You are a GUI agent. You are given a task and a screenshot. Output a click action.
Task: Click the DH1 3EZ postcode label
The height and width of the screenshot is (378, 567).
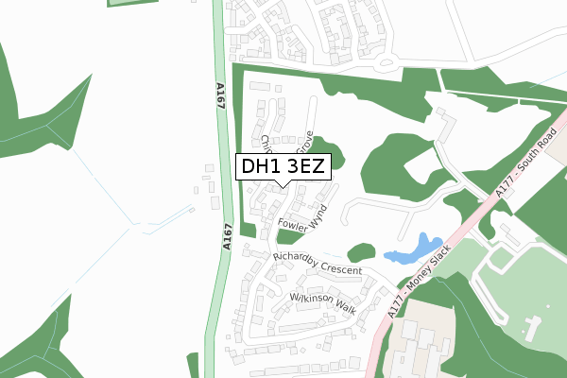tap(283, 167)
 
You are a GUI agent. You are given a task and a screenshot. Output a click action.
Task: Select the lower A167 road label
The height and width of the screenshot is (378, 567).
tap(227, 236)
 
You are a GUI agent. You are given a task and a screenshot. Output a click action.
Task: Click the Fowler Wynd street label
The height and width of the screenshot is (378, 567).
tap(303, 218)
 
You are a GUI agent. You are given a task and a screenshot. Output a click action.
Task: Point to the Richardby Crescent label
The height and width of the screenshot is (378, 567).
tap(317, 264)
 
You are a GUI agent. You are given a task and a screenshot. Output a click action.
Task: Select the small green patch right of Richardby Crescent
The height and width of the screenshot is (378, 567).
tap(360, 252)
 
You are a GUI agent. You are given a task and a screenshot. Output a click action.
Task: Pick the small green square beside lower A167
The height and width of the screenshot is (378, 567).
tap(249, 229)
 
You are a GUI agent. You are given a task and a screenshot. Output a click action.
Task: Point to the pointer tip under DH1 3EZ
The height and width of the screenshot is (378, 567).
tap(283, 185)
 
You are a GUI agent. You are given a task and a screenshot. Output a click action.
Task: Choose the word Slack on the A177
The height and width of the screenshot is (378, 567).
tap(435, 266)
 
